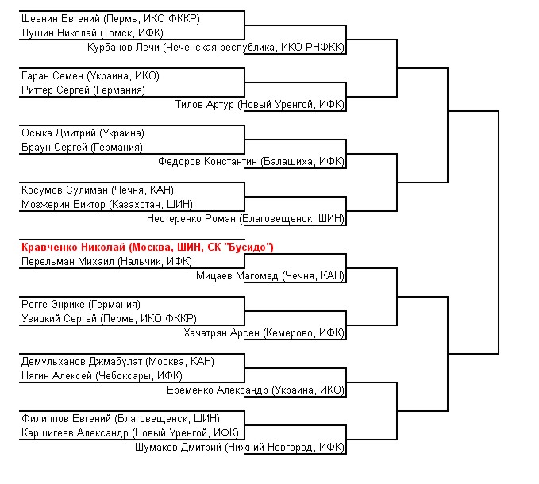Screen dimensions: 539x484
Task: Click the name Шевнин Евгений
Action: click(60, 18)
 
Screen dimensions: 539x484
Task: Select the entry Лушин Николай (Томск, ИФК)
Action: click(92, 33)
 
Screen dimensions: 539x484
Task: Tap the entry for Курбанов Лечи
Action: click(216, 48)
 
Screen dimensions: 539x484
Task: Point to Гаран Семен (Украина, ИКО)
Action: click(90, 76)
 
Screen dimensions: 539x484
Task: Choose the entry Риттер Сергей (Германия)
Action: click(83, 90)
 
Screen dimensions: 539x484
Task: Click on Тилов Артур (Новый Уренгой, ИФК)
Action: click(260, 105)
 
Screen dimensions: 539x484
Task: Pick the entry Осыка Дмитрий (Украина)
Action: click(83, 133)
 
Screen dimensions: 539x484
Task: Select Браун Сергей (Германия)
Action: click(82, 148)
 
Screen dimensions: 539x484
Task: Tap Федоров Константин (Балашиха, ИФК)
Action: click(251, 161)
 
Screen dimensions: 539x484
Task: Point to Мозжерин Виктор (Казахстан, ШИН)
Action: click(107, 205)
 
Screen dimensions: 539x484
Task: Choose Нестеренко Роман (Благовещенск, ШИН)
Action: click(245, 218)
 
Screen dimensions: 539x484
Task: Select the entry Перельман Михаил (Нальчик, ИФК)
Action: click(106, 261)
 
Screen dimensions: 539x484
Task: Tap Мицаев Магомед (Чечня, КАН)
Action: click(270, 275)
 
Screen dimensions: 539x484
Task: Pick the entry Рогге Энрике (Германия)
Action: click(81, 305)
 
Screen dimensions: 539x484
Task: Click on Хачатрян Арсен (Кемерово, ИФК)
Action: click(264, 333)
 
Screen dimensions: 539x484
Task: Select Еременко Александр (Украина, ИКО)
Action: click(256, 390)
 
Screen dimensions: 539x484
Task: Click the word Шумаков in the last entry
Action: click(156, 448)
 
